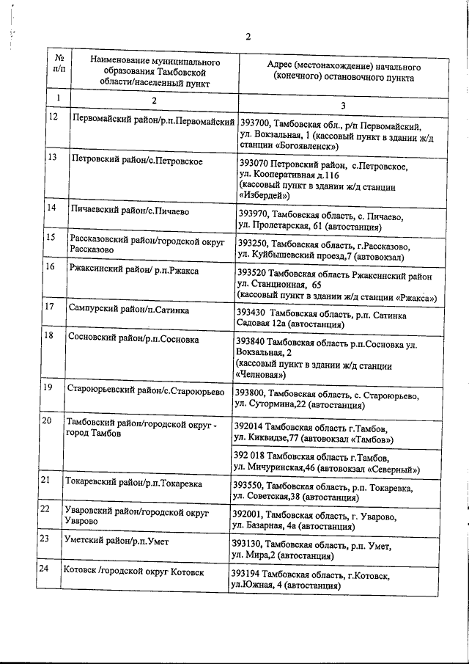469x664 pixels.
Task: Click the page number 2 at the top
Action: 248,37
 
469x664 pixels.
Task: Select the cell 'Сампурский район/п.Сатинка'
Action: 128,310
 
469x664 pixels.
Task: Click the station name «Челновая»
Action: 260,375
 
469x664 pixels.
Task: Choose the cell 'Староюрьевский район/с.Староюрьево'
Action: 144,390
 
